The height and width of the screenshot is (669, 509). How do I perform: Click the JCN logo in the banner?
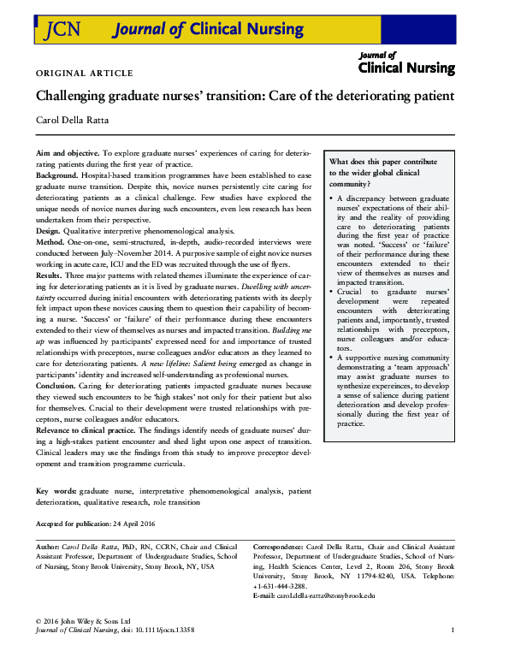tap(58, 31)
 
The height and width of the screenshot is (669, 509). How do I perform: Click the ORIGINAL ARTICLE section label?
tap(84, 73)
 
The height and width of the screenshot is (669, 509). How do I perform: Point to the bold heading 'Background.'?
tap(57, 174)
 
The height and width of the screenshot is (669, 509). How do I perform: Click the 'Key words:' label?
tap(56, 492)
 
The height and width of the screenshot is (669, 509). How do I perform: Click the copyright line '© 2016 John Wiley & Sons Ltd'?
tap(82, 620)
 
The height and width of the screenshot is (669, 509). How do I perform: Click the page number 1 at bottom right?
tap(452, 631)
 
